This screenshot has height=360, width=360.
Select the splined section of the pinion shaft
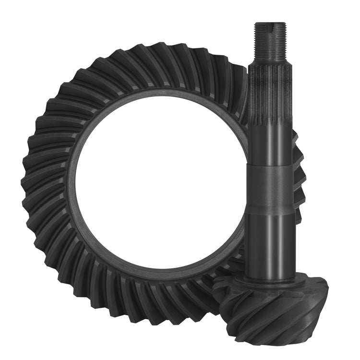pyautogui.click(x=270, y=91)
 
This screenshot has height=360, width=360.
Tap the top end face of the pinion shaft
pyautogui.click(x=270, y=23)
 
